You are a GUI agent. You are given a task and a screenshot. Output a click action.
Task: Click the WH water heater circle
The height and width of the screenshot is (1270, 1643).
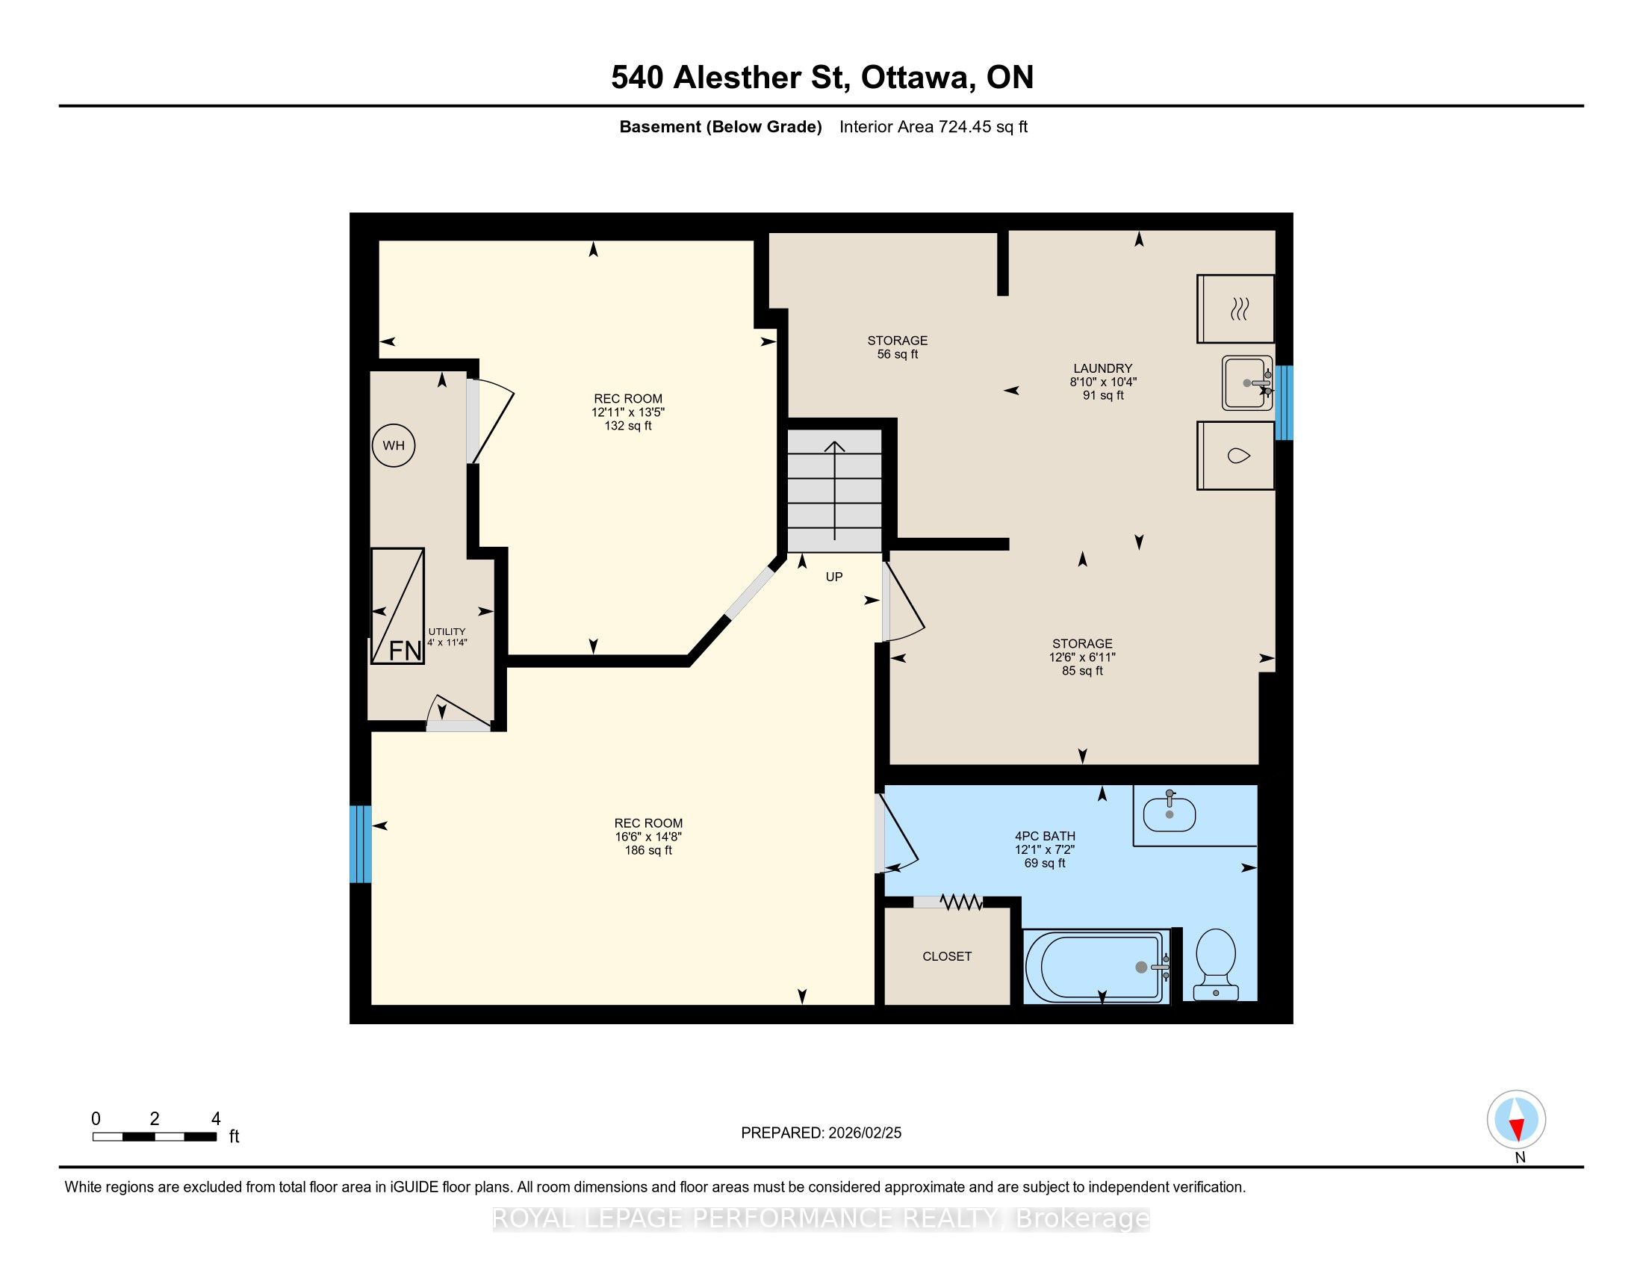click(394, 445)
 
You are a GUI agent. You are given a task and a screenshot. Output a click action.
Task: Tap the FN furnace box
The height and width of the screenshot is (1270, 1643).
click(398, 606)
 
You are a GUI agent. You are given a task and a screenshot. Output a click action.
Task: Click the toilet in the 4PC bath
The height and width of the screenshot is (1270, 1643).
click(1216, 964)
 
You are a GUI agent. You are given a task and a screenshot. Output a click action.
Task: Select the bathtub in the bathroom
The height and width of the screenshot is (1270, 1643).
click(1096, 967)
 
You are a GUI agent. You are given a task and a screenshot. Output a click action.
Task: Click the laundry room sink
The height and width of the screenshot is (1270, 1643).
click(1247, 383)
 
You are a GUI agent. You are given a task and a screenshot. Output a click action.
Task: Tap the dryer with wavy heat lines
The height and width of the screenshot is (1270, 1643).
click(1236, 309)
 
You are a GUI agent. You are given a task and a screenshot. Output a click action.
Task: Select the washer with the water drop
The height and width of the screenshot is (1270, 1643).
click(1236, 455)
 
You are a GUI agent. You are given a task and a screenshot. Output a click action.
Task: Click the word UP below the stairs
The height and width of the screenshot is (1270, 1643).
click(834, 577)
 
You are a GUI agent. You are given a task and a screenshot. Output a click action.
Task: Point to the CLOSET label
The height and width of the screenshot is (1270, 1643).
click(947, 956)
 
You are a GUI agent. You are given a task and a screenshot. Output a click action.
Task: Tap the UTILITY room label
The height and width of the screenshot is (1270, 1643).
click(447, 631)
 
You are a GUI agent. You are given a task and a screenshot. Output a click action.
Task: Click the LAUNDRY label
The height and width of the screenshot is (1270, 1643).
click(1103, 368)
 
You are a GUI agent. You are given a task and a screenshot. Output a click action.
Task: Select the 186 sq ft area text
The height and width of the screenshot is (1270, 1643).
click(648, 850)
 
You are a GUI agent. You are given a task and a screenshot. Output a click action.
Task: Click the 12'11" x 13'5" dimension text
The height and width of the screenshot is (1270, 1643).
click(628, 412)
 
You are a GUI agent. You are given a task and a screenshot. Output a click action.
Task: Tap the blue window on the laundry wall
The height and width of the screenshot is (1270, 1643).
click(1285, 403)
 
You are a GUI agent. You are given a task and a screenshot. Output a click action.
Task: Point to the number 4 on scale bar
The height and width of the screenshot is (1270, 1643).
click(216, 1119)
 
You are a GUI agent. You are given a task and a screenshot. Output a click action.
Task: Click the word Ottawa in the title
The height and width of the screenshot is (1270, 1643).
click(915, 78)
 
